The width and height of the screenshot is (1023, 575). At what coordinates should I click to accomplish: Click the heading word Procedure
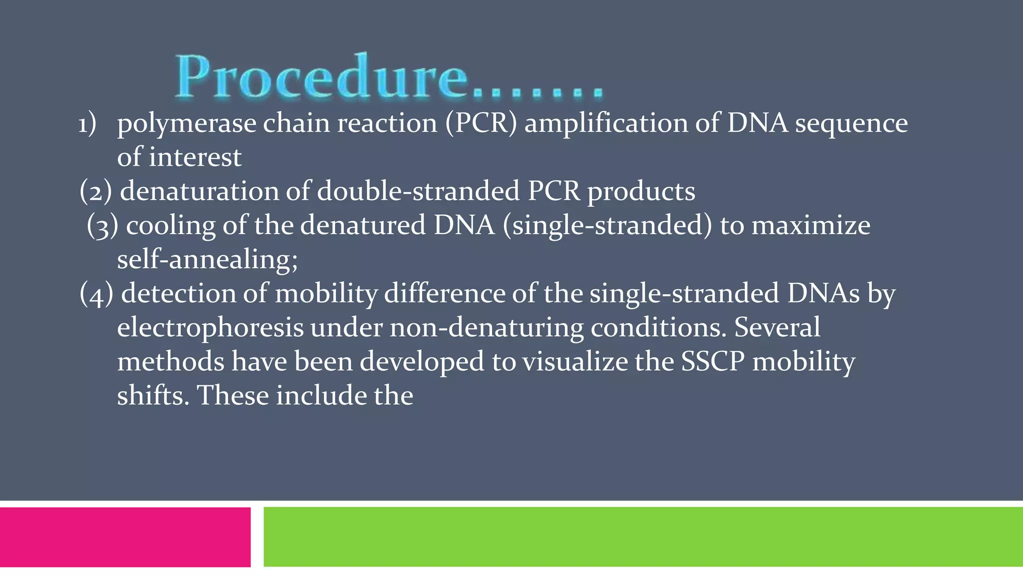pyautogui.click(x=322, y=77)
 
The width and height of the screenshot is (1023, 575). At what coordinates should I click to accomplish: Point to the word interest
pyautogui.click(x=195, y=157)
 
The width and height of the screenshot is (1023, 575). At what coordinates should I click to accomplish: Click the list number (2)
pyautogui.click(x=95, y=192)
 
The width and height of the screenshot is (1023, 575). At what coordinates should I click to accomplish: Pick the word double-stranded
pyautogui.click(x=419, y=191)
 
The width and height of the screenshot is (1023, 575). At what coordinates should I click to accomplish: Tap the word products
pyautogui.click(x=641, y=192)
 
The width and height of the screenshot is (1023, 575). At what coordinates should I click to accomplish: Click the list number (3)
pyautogui.click(x=102, y=226)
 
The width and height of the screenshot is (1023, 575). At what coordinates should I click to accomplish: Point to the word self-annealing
pyautogui.click(x=207, y=260)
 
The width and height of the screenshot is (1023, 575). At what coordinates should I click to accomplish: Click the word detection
pyautogui.click(x=178, y=293)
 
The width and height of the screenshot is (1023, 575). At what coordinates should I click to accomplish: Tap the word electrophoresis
pyautogui.click(x=210, y=328)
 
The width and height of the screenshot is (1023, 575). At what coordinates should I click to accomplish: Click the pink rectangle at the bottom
pyautogui.click(x=125, y=537)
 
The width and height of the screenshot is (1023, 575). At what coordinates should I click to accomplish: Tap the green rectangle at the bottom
pyautogui.click(x=643, y=537)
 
